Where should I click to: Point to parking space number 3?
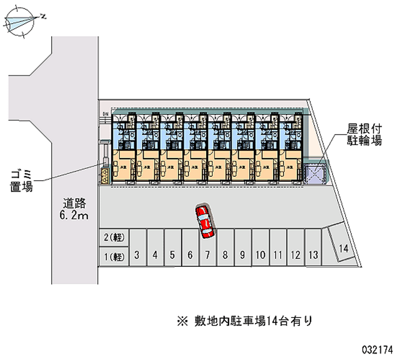coord(137,256)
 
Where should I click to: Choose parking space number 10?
coord(260,256)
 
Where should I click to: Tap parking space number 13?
coord(313,255)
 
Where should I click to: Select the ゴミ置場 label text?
coord(21,180)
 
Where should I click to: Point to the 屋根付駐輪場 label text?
coord(364,135)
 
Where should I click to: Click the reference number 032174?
coord(377,348)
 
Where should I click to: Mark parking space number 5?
coord(172,256)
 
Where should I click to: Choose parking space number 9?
coord(242,256)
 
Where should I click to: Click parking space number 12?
coord(295,256)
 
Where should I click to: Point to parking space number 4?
coord(155,256)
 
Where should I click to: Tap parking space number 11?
coord(278,256)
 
